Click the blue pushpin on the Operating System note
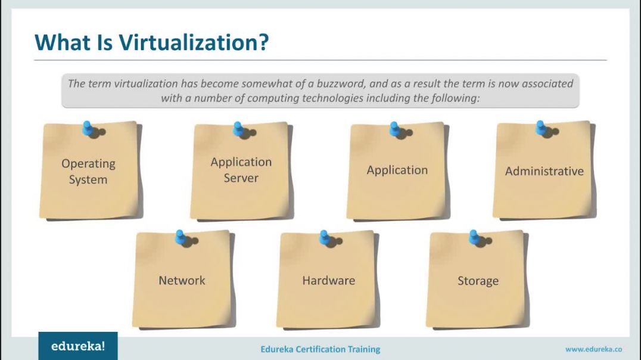pos(88,128)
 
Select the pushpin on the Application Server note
pos(238,129)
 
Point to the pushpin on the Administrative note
pos(541,128)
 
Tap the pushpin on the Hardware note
pos(325,237)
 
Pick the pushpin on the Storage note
pos(474,237)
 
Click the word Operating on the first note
pos(88,164)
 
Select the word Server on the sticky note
pos(241,178)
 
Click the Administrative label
pos(544,171)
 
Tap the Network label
pos(182,281)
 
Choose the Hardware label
pos(329,281)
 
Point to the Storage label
pos(478,281)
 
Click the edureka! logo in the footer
pos(78,346)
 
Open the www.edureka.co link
pos(593,349)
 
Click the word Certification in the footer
pos(320,349)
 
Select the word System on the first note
pos(88,180)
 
